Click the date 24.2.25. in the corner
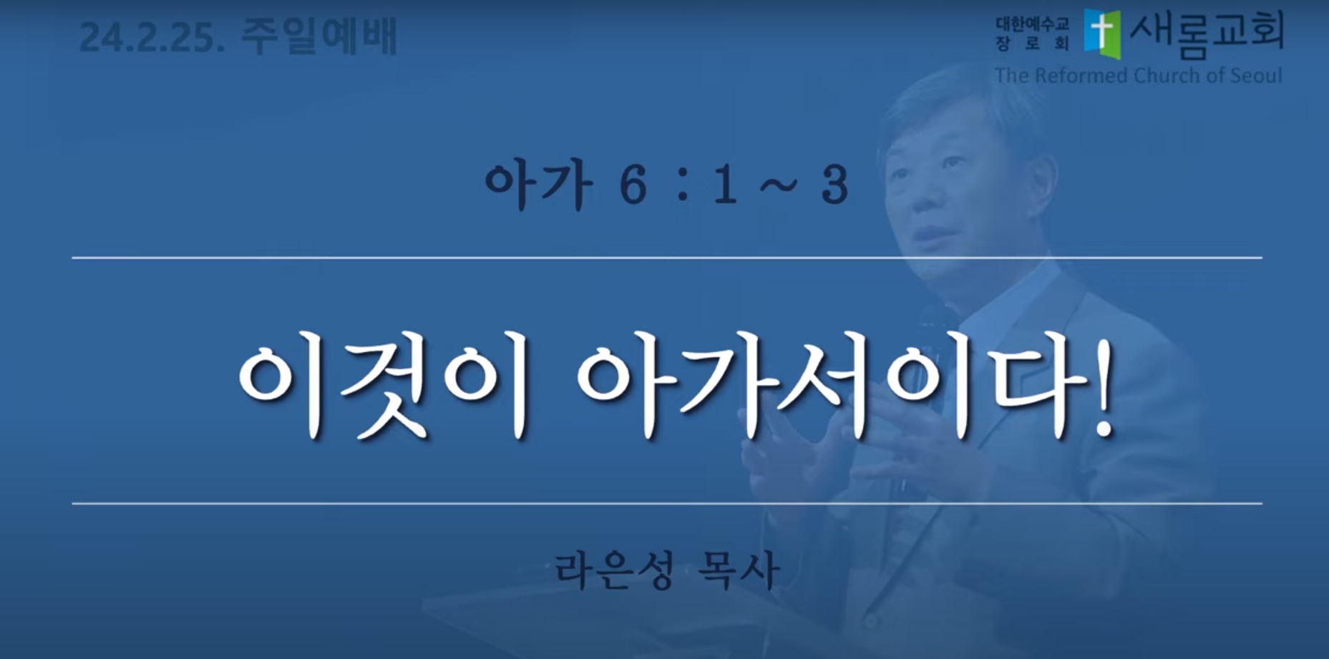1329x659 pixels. click(x=152, y=38)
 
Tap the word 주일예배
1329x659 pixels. click(x=318, y=36)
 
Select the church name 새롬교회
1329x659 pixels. click(x=1207, y=33)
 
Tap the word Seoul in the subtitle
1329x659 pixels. click(x=1256, y=75)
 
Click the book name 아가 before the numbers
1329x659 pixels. click(x=539, y=185)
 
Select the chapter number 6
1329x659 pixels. click(x=633, y=186)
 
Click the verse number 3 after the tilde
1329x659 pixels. click(x=834, y=186)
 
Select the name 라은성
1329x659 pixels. click(x=614, y=570)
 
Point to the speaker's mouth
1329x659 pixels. click(x=930, y=236)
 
